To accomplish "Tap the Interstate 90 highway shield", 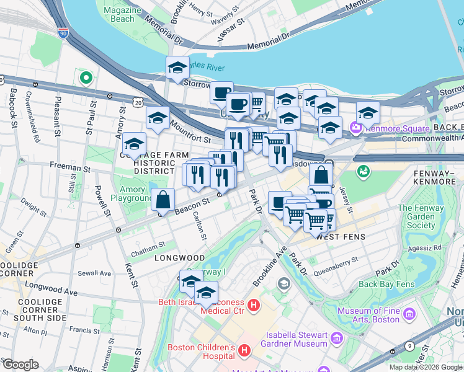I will tap(63, 32).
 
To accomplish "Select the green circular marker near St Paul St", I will tap(86, 78).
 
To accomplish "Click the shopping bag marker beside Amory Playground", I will tap(163, 200).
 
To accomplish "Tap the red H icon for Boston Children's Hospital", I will tap(244, 351).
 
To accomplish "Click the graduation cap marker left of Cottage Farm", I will tap(134, 145).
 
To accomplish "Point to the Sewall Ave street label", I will tap(94, 273).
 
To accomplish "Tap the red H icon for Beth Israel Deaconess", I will tap(253, 305).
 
